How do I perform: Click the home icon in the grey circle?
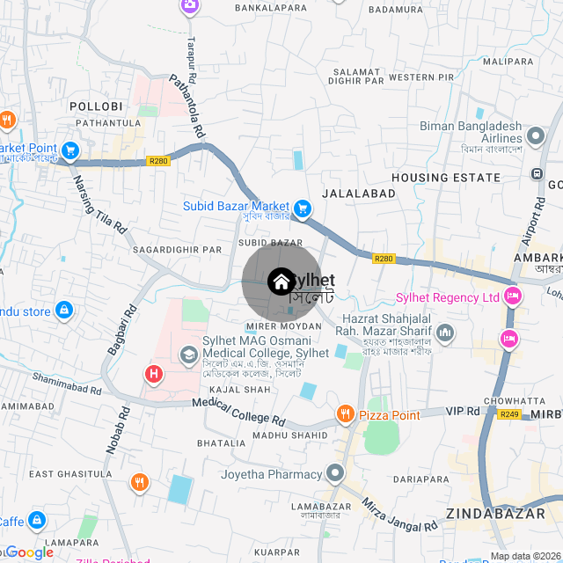coord(281,281)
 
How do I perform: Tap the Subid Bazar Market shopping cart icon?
coord(303,208)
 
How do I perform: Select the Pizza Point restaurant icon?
coord(345,413)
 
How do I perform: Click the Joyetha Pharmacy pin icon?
coord(334,474)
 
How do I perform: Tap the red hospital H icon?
coord(154,375)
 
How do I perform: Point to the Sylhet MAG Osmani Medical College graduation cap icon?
coord(188,355)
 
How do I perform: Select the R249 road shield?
coord(509,413)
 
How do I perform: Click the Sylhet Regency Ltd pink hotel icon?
coord(508,297)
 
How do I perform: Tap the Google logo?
coord(29,552)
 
